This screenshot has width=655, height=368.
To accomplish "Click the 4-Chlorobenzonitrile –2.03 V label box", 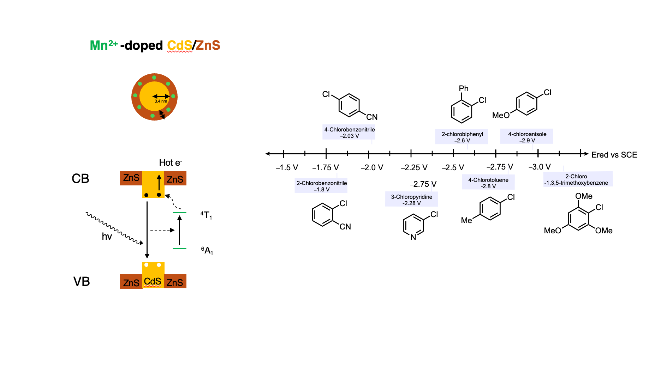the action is pos(349,133).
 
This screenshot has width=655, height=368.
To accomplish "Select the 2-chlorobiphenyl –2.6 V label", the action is pos(462,137).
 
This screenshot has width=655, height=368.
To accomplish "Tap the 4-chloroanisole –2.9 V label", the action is pos(526,137).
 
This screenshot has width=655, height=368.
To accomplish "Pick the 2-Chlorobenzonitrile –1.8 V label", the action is pos(321,186).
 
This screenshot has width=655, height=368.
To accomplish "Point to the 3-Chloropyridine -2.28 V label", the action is pos(412,200).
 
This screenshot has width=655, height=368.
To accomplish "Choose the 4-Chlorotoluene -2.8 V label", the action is pos(488,183).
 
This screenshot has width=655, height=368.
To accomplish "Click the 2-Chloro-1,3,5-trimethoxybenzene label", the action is pos(578,179).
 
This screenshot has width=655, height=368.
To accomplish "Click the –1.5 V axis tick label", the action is pos(287,168).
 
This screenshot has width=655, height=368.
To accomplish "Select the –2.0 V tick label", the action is pos(372,168).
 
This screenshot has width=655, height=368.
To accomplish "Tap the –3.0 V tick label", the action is pos(540,167).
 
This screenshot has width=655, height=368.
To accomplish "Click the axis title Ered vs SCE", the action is pos(614,155).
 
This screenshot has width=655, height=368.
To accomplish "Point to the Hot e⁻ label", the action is pos(171,162).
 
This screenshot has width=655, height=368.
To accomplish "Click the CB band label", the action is pos(81,179).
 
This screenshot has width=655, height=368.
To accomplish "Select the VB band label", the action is pos(82,282).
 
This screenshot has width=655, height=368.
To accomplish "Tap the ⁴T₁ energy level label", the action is pos(206,215).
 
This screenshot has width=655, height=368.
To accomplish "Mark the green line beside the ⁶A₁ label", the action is pos(179,249).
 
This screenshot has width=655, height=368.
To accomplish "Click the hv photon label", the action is pos(107,236).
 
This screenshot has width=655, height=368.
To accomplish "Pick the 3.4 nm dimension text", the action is pos(161,101).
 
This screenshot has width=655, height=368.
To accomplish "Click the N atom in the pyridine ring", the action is pos(413,237).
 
